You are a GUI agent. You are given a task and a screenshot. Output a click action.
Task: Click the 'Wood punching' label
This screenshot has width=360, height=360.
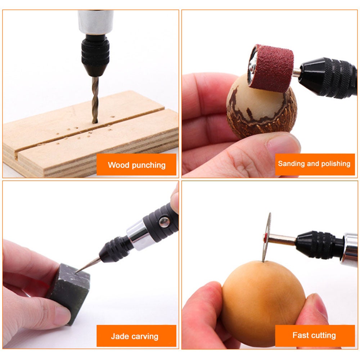[x=136, y=165]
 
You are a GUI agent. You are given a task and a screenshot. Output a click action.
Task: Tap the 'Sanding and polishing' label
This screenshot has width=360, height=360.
[x=314, y=164]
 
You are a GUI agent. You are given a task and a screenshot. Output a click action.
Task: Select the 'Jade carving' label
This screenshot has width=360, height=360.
[x=135, y=336]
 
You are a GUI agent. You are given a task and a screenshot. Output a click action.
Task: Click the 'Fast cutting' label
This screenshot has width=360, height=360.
[x=314, y=335]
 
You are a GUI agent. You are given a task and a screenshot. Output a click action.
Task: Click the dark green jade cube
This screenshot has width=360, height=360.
[x=70, y=288]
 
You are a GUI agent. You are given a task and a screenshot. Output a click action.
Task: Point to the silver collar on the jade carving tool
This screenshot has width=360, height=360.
[x=138, y=235]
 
